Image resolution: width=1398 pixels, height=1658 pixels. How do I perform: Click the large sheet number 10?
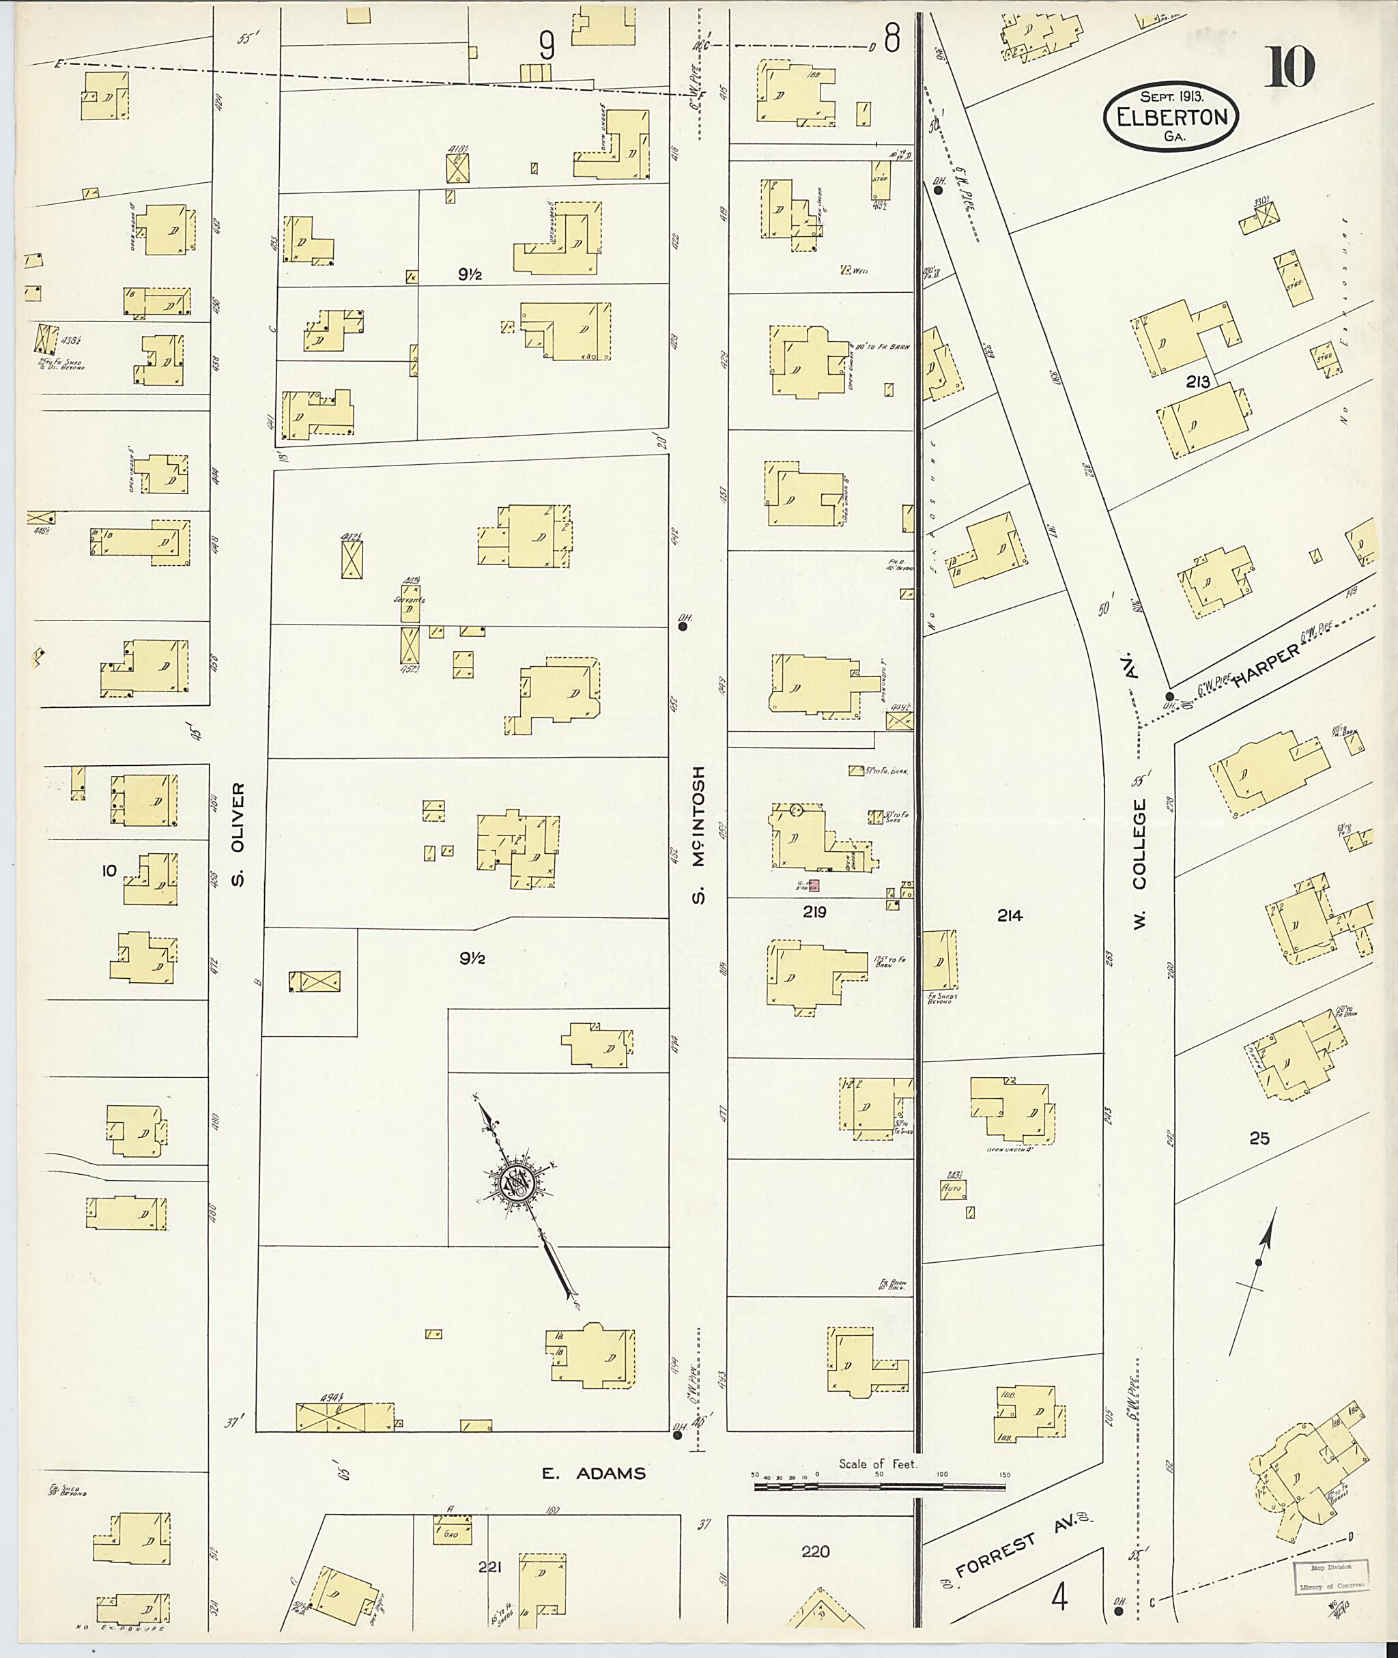(x=1289, y=68)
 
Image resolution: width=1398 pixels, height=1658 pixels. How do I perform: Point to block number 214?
(x=1010, y=915)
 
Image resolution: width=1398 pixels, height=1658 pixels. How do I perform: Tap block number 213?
(x=1197, y=382)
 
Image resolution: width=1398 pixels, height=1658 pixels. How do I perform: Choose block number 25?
(x=1259, y=1139)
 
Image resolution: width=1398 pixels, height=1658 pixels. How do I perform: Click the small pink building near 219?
(x=813, y=885)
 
